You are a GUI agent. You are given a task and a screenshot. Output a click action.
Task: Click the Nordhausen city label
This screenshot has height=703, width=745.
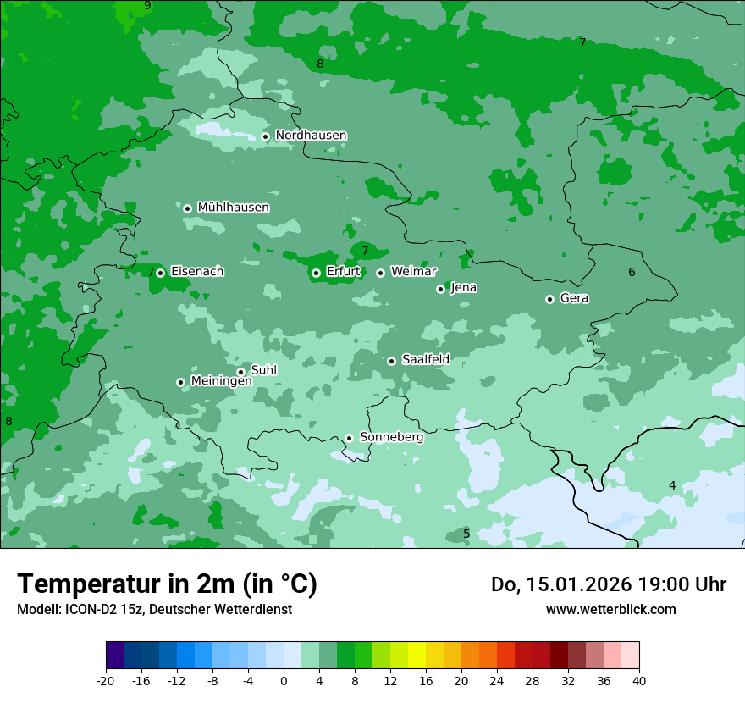click(x=311, y=136)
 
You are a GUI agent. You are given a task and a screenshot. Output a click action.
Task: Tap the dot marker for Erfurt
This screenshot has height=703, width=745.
click(x=316, y=273)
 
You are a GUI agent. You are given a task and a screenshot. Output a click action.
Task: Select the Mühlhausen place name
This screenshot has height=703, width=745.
click(x=233, y=208)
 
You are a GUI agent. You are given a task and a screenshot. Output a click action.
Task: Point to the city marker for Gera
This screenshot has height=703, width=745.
click(x=549, y=299)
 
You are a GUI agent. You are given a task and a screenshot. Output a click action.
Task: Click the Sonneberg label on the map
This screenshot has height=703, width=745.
click(x=391, y=437)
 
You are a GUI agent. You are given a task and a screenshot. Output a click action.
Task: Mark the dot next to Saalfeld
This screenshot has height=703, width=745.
click(x=391, y=361)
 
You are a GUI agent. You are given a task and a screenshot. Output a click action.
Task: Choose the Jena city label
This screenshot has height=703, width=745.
click(x=463, y=288)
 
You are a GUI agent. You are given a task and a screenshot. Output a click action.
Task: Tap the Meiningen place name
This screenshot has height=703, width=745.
click(x=221, y=381)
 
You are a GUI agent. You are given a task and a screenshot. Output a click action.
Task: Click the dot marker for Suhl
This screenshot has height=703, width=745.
click(x=240, y=372)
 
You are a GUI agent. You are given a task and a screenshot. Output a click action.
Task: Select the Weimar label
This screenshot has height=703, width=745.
click(x=413, y=272)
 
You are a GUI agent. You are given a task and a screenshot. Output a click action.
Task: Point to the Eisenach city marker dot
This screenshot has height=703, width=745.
click(x=160, y=273)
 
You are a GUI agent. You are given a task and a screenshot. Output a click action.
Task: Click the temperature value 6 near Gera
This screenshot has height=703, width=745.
click(x=632, y=272)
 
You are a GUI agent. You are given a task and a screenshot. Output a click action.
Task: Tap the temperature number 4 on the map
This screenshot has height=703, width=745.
click(x=672, y=485)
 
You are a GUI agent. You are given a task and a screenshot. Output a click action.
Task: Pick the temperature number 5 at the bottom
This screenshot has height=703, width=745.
click(x=466, y=534)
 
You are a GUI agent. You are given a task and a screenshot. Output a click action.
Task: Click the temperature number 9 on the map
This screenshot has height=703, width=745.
click(x=147, y=6)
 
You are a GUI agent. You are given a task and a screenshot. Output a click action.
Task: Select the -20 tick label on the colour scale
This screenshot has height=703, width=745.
click(x=105, y=680)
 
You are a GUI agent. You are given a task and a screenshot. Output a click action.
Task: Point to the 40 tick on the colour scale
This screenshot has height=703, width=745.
click(x=638, y=680)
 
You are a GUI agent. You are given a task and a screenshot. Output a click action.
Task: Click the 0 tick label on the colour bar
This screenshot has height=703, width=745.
click(x=284, y=680)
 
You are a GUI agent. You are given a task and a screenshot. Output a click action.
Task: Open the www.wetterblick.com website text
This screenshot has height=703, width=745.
click(x=610, y=609)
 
